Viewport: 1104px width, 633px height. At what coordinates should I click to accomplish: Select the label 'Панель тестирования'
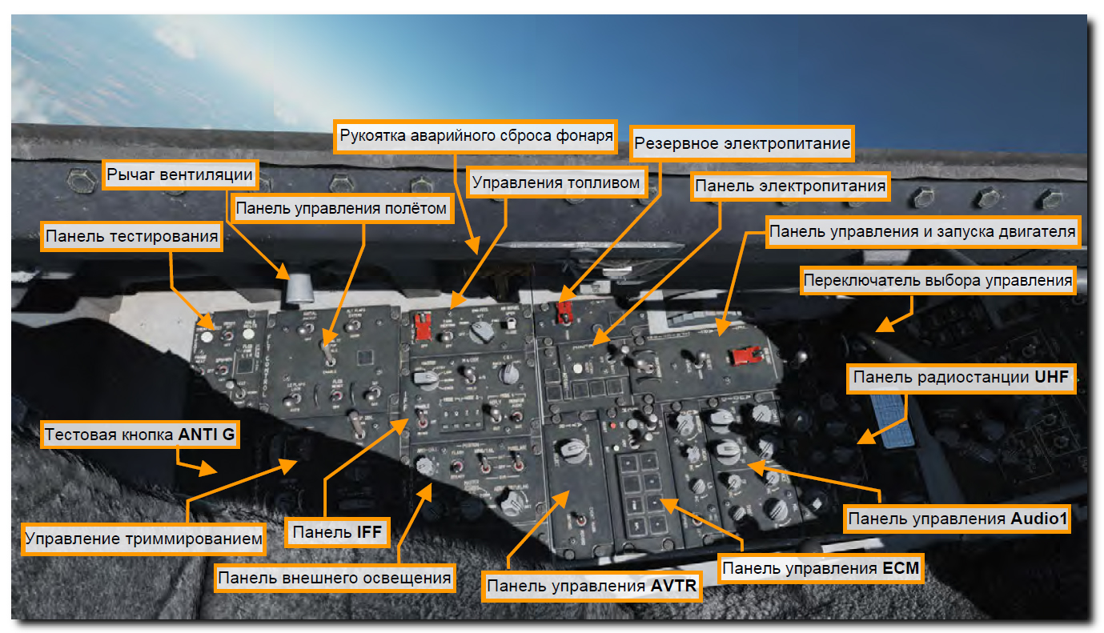pos(132,236)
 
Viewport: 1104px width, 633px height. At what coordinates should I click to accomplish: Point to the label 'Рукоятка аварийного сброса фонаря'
pos(476,136)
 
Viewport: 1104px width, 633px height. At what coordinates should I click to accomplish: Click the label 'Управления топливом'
pos(556,183)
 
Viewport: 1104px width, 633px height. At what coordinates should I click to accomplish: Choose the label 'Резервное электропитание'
pos(741,145)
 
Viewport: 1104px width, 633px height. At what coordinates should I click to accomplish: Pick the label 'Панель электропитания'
pos(790,186)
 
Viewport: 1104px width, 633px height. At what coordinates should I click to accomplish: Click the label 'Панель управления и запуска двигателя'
pos(921,232)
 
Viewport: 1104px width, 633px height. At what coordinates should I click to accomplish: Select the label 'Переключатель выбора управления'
pos(937,281)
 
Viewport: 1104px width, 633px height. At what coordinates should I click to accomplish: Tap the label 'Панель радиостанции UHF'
pos(961,377)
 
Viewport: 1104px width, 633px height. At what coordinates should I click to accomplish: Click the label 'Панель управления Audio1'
pos(958,519)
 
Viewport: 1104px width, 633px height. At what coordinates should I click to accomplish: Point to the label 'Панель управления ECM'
pos(821,569)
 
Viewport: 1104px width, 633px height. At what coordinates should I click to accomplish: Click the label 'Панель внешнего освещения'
pos(335,577)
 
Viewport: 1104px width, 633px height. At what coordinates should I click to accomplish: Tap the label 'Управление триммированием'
pos(144,539)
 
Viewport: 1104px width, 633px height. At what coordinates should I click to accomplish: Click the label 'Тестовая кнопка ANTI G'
pos(140,435)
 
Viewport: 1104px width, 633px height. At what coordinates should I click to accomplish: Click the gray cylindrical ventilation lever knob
pos(299,286)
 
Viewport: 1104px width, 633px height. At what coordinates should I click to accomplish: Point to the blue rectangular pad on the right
pos(886,417)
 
